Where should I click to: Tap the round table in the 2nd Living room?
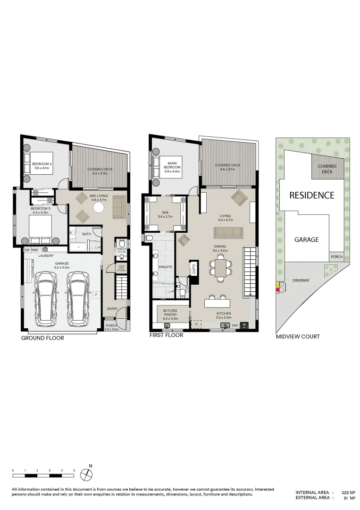tap(99, 208)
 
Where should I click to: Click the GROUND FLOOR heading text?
tap(42, 338)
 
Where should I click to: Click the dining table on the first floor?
tap(220, 268)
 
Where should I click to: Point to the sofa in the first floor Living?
tap(229, 233)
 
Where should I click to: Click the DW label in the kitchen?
tap(234, 325)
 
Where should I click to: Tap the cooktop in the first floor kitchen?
tap(245, 325)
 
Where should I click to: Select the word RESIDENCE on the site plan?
tap(311, 195)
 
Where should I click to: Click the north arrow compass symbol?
tap(86, 474)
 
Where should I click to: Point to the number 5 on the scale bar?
tap(74, 471)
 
